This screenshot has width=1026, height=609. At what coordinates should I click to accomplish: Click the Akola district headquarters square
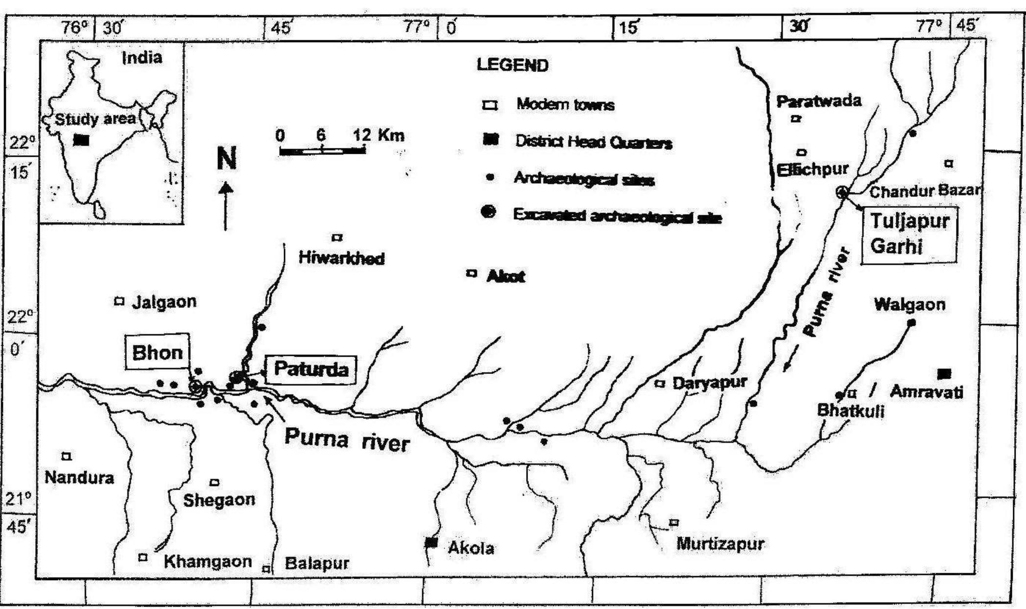[x=431, y=542]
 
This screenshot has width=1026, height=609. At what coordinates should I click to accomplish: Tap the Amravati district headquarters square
[x=944, y=374]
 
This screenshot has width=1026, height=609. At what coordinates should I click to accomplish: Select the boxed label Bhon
[x=157, y=352]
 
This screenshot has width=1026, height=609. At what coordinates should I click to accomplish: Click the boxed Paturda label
[x=311, y=369]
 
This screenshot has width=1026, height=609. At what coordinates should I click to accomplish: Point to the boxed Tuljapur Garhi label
[x=908, y=234]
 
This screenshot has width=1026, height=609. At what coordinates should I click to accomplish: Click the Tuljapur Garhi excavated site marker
[x=842, y=192]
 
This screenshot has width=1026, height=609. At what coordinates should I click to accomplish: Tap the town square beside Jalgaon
[x=119, y=301]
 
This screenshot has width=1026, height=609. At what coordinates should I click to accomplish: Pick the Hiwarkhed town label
[x=341, y=258]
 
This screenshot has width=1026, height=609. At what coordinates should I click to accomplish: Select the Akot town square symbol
[x=471, y=273]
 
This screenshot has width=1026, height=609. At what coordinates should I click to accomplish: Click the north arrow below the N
[x=225, y=206]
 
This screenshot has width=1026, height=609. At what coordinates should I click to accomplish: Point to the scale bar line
[x=322, y=151]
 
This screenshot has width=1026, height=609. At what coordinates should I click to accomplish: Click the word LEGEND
[x=512, y=65]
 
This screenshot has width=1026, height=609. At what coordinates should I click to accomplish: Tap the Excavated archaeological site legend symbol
[x=488, y=212]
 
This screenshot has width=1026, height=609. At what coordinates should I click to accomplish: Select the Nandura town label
[x=79, y=477]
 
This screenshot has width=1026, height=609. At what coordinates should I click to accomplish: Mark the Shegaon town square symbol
[x=214, y=483]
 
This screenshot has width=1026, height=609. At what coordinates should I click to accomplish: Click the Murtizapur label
[x=720, y=543]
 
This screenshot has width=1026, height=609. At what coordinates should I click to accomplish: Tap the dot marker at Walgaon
[x=911, y=322]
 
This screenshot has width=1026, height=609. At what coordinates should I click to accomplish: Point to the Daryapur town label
[x=709, y=383]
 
